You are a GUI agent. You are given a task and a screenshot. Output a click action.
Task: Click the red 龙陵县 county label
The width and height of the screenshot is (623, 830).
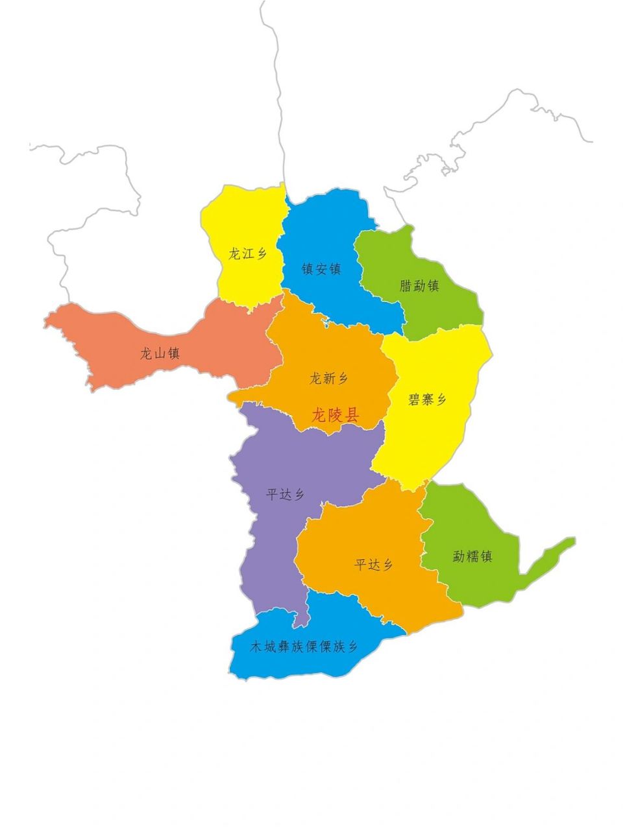pyautogui.click(x=335, y=415)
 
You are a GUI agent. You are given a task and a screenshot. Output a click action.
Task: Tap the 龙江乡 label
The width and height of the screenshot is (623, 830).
pyautogui.click(x=247, y=254)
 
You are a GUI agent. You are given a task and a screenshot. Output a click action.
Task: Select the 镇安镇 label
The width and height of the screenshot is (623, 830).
pyautogui.click(x=321, y=268)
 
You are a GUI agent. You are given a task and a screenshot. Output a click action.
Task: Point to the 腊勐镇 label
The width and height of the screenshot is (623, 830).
pyautogui.click(x=419, y=285)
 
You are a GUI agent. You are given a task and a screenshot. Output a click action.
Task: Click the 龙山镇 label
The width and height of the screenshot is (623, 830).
pyautogui.click(x=160, y=354)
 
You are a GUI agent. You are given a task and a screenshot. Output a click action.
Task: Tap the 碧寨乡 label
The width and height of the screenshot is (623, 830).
pyautogui.click(x=427, y=399)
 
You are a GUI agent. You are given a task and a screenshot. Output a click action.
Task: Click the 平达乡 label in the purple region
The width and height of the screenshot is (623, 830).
pyautogui.click(x=286, y=495)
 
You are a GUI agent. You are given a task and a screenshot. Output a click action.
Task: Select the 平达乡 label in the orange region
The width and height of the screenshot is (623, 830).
pyautogui.click(x=374, y=565)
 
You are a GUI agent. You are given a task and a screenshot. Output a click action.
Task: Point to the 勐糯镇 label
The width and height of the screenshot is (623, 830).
pyautogui.click(x=472, y=556)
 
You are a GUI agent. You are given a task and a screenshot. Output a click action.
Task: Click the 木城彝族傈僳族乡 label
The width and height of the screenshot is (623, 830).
pyautogui.click(x=304, y=646)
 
